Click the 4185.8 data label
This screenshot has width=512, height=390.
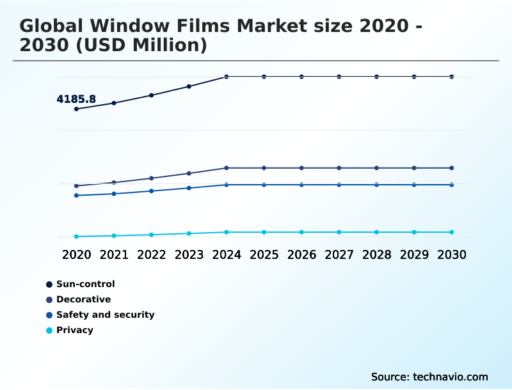76,99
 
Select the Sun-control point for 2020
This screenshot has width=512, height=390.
76,109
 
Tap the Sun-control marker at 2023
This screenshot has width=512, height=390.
189,86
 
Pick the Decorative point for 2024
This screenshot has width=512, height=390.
227,168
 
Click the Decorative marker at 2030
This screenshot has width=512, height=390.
452,168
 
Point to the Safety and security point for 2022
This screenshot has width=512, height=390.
152,191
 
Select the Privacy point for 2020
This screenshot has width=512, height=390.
76,237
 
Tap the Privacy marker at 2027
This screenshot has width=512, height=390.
339,232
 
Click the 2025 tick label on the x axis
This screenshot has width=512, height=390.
264,254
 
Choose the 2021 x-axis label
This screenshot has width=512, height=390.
114,254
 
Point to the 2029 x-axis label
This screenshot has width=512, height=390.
414,254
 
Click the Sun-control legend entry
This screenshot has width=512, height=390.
85,284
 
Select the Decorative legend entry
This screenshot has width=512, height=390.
83,299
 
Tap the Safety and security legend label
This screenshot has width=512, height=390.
105,315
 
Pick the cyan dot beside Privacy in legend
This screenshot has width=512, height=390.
49,331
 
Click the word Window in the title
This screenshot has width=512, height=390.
136,27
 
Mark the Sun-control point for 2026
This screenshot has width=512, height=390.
301,77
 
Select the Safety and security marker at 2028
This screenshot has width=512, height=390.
377,185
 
